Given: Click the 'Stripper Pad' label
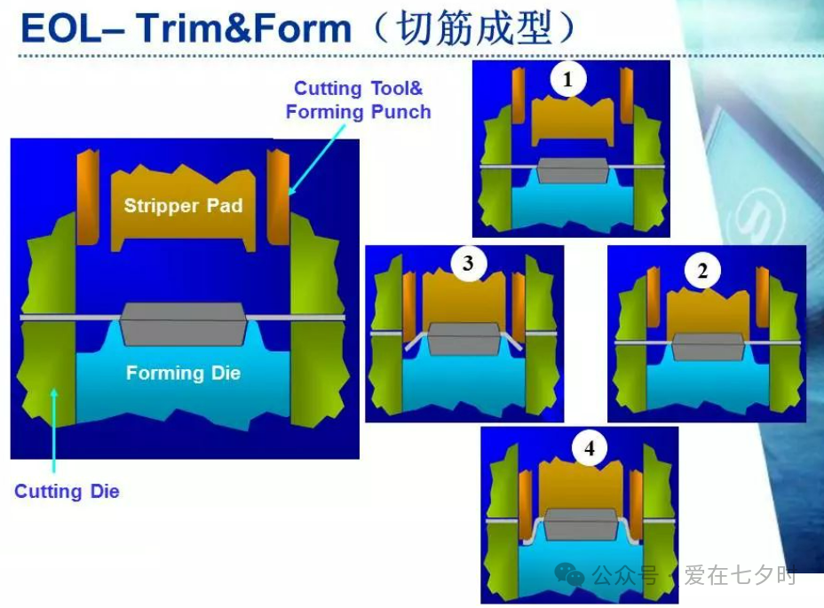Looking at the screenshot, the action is click(184, 205).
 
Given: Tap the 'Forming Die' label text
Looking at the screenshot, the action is click(184, 373).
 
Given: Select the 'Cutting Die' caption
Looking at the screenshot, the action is click(67, 492).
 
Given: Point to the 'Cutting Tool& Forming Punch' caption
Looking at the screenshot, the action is click(359, 99).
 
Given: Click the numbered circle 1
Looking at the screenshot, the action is click(567, 79).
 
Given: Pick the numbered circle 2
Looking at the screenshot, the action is click(702, 271).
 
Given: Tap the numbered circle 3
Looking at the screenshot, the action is click(468, 263).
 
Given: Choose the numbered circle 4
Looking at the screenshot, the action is click(590, 448).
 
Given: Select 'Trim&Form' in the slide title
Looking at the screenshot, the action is click(244, 28).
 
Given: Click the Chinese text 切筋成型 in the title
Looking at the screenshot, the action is click(474, 28).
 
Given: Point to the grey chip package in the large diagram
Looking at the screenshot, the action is click(183, 323).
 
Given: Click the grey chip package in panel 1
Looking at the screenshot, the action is click(572, 170).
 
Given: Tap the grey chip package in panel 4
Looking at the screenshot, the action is click(581, 524).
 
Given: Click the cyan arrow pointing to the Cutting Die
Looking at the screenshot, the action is click(53, 430).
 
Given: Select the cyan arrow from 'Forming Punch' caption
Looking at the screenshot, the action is click(316, 159).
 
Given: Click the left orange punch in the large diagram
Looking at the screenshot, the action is click(88, 197).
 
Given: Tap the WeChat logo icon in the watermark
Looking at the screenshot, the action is click(570, 574).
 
